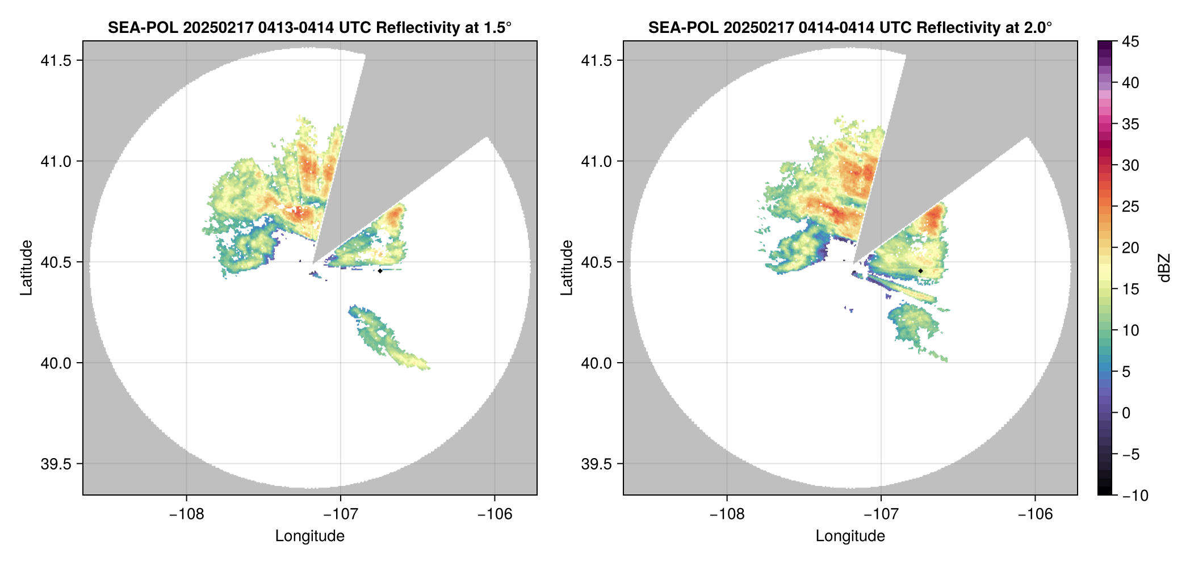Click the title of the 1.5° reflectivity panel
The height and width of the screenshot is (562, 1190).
(309, 27)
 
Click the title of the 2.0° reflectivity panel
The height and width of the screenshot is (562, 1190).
(850, 27)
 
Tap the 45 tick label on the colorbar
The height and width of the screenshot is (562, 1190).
(1130, 41)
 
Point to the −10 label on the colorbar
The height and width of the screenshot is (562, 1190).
(1135, 496)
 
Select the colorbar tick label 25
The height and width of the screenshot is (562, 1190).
(1130, 207)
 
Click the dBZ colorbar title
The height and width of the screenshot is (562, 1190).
(1164, 268)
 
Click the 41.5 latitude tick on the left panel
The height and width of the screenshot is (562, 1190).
(56, 61)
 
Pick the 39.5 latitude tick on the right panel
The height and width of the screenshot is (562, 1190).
(596, 464)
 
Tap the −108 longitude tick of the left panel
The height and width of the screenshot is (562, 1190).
(186, 514)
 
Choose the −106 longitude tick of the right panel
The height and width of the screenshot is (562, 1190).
(1035, 514)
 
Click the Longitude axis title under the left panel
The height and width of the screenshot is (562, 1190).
(309, 536)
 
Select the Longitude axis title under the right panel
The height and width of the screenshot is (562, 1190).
(850, 536)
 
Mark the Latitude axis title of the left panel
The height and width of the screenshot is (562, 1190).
(26, 268)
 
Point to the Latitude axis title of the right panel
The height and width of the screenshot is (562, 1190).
(567, 268)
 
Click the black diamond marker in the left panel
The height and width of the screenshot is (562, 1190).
(380, 271)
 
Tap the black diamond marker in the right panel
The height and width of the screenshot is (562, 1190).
(920, 271)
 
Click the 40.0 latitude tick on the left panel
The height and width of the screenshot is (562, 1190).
(56, 363)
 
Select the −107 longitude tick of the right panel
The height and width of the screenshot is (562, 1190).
(881, 514)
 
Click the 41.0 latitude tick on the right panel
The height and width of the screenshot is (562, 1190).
(596, 161)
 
